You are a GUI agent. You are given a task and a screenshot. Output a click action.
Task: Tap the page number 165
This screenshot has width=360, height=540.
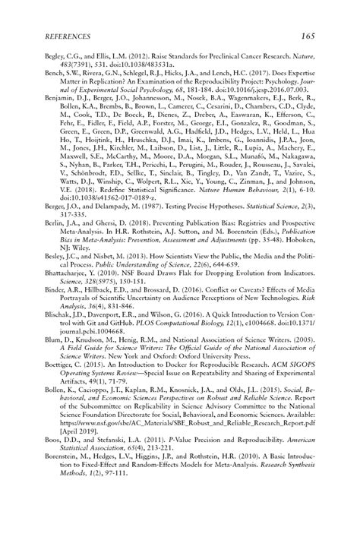308,36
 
